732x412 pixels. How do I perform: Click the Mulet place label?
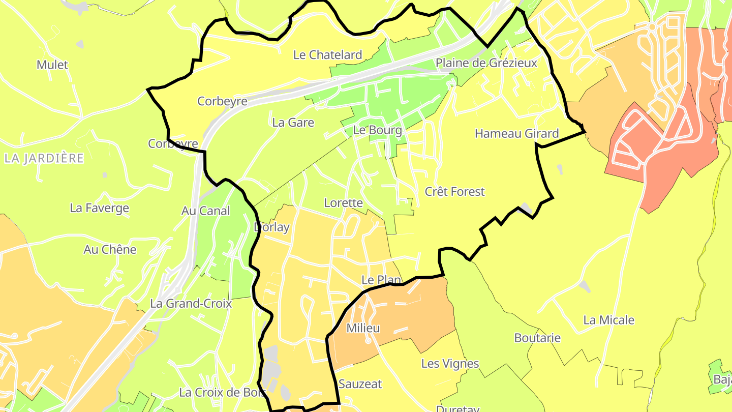click(52, 65)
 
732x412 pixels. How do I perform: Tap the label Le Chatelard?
click(328, 55)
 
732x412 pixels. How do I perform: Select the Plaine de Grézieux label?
click(486, 63)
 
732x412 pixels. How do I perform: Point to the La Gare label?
click(293, 123)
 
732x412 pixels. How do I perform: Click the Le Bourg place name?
click(378, 130)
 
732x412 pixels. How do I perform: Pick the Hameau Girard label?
click(516, 134)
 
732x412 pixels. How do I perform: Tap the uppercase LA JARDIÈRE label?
click(44, 158)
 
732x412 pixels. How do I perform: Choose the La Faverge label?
click(100, 208)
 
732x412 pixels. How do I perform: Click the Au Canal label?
click(206, 211)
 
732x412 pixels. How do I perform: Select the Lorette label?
click(344, 203)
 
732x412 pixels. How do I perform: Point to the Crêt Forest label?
click(455, 192)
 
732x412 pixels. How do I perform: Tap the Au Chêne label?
click(110, 250)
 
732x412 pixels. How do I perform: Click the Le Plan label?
click(381, 280)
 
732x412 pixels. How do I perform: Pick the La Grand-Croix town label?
click(191, 304)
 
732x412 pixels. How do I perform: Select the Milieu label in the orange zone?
click(363, 328)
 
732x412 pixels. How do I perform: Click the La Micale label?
click(609, 320)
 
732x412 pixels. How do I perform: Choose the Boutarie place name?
click(537, 338)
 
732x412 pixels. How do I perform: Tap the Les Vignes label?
click(450, 364)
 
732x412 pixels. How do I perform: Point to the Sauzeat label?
click(360, 384)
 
